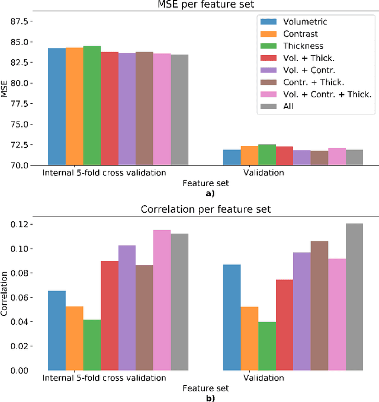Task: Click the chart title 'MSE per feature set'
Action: click(x=205, y=5)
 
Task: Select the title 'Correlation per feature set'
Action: click(x=205, y=209)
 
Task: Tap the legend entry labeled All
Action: click(x=288, y=106)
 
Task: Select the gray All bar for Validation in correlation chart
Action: click(x=354, y=296)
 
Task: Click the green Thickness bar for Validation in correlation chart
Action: click(x=266, y=346)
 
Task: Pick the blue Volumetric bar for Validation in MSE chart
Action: click(x=232, y=157)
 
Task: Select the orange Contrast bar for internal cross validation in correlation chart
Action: click(x=75, y=338)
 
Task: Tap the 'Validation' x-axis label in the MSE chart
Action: click(x=264, y=174)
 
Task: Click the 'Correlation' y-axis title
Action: click(x=5, y=294)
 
